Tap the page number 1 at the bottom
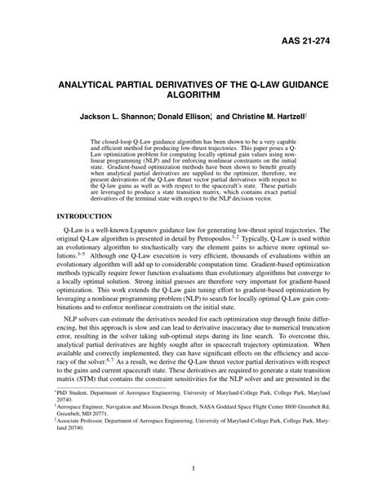pos(193,468)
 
